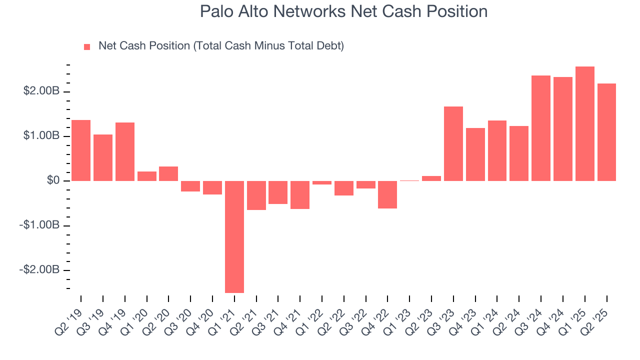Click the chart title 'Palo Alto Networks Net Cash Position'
point(343,11)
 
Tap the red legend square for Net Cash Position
point(87,46)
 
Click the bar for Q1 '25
point(585,123)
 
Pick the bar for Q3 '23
point(453,143)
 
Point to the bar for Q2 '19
point(81,150)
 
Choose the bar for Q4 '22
point(387,194)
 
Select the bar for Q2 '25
point(606,132)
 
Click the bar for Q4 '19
point(125,151)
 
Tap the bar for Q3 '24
point(541,128)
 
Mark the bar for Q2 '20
point(168,173)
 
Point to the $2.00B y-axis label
point(42,91)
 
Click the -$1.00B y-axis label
point(40,225)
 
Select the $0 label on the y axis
point(53,180)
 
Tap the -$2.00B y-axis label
point(40,270)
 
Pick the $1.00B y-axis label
point(42,136)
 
